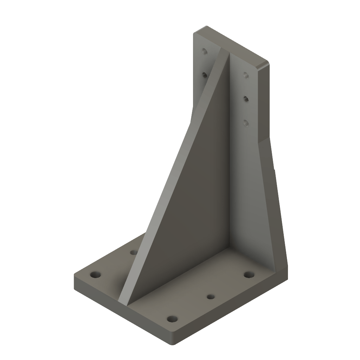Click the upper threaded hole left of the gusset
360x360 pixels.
tap(204, 51)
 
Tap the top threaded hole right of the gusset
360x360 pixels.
tap(246, 74)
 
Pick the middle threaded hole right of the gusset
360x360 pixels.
tap(246, 99)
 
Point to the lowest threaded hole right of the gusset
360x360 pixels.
tap(246, 122)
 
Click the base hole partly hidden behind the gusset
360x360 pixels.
tap(134, 252)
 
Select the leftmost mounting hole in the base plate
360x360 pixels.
tap(95, 274)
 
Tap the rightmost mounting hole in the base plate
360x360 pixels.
tap(249, 274)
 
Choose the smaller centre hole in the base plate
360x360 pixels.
tap(211, 297)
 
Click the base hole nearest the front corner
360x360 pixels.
tap(172, 319)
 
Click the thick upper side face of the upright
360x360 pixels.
tap(264, 102)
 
